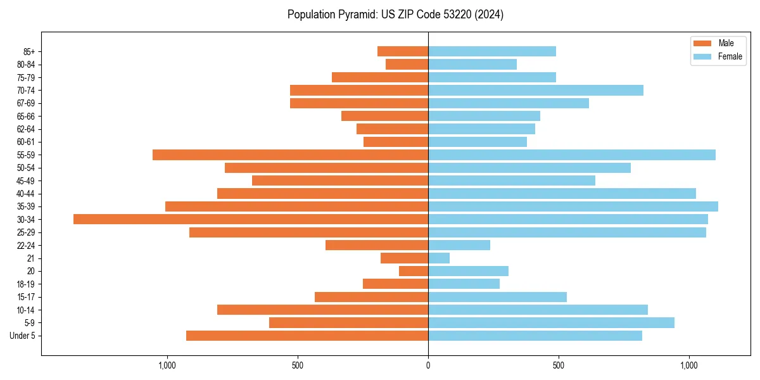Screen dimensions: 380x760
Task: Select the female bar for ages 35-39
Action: [x=573, y=206]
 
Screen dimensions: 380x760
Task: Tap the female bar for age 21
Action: [x=439, y=258]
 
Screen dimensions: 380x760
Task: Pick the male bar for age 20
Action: [x=414, y=271]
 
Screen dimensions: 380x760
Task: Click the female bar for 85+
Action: [x=492, y=51]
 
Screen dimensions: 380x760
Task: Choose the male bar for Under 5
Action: [x=307, y=336]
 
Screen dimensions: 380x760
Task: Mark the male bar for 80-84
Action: [x=407, y=64]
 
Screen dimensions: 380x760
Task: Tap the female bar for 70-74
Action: [x=536, y=90]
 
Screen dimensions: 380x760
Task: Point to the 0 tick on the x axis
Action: [x=428, y=365]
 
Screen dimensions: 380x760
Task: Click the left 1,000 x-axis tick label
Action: [x=167, y=365]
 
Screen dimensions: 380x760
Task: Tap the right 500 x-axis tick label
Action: [x=559, y=365]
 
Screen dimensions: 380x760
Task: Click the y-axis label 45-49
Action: [x=26, y=180]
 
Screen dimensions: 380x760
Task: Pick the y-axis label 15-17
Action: [x=26, y=297]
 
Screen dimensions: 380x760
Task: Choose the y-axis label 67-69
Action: [x=26, y=103]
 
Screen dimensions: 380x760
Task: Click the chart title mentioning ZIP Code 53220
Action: [x=395, y=15]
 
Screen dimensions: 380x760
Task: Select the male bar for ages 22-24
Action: [x=377, y=245]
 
